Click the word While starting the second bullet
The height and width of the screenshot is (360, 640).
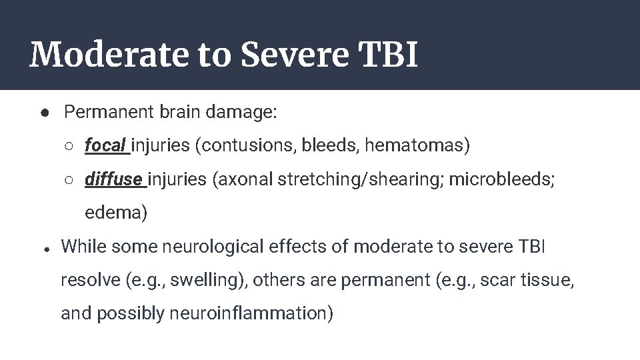point(83,247)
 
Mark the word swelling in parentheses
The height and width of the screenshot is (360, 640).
point(202,280)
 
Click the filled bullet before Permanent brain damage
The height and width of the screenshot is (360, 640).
point(43,113)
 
